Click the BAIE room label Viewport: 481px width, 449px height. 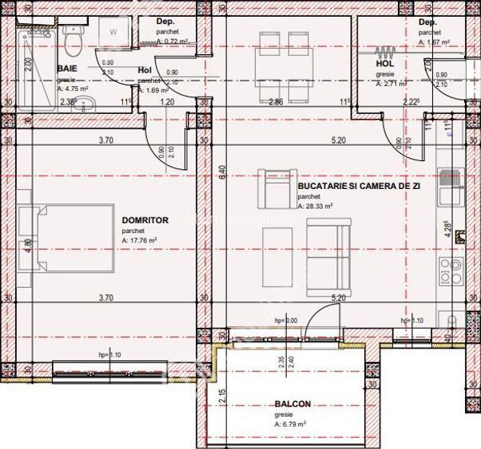click(x=66, y=69)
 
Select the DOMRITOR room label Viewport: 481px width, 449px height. click(x=145, y=219)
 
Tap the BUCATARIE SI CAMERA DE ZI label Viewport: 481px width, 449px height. click(x=359, y=185)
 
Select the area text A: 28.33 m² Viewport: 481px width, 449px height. click(x=316, y=206)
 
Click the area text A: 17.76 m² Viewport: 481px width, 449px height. click(x=140, y=239)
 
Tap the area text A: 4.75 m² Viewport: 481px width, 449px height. click(x=71, y=89)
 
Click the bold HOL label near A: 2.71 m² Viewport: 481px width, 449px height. click(x=386, y=63)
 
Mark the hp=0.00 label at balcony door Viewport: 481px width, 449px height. click(x=285, y=321)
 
